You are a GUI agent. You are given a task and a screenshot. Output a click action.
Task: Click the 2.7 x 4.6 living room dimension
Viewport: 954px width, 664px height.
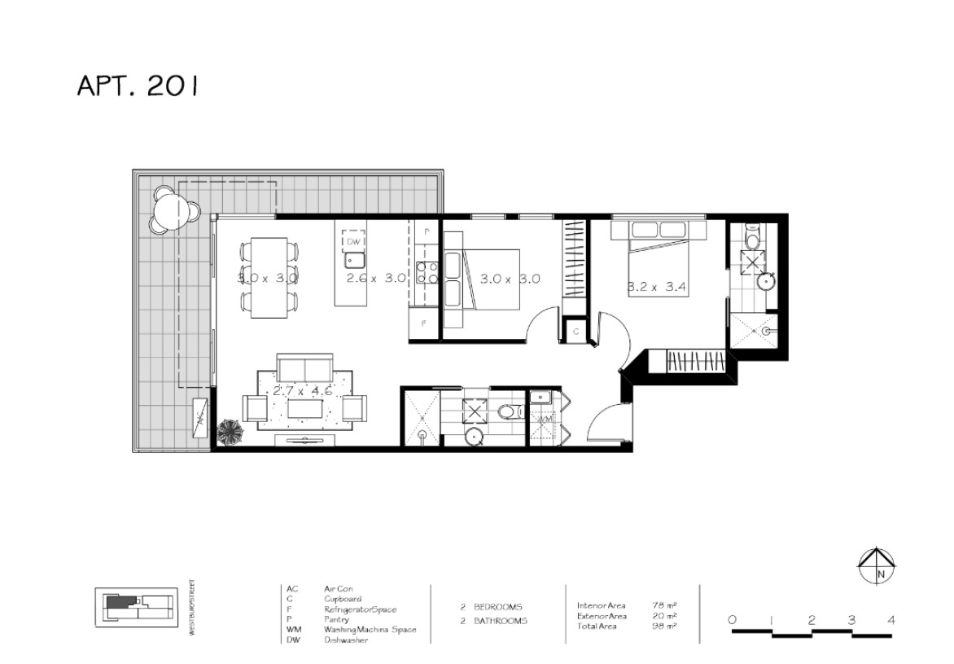[x=302, y=391]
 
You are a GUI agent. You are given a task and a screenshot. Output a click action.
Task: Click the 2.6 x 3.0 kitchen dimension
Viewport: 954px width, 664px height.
[x=376, y=278]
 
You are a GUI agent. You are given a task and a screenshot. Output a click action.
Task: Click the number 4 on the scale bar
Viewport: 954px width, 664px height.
[x=891, y=620]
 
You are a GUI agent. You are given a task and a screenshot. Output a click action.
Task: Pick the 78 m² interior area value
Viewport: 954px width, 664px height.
[x=664, y=606]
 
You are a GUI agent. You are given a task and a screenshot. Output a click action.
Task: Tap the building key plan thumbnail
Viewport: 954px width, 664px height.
[x=134, y=605]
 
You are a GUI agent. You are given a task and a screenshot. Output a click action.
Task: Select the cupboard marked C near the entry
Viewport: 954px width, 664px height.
[x=575, y=332]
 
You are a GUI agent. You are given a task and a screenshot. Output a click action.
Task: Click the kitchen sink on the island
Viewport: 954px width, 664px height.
[x=353, y=261]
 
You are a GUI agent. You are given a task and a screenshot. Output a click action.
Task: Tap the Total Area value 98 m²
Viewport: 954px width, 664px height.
[x=664, y=627]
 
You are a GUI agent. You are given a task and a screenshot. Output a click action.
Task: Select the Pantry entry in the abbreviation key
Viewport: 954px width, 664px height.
[x=336, y=619]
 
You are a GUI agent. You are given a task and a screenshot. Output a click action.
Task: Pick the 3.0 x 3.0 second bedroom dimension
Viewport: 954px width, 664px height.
[x=510, y=279]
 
